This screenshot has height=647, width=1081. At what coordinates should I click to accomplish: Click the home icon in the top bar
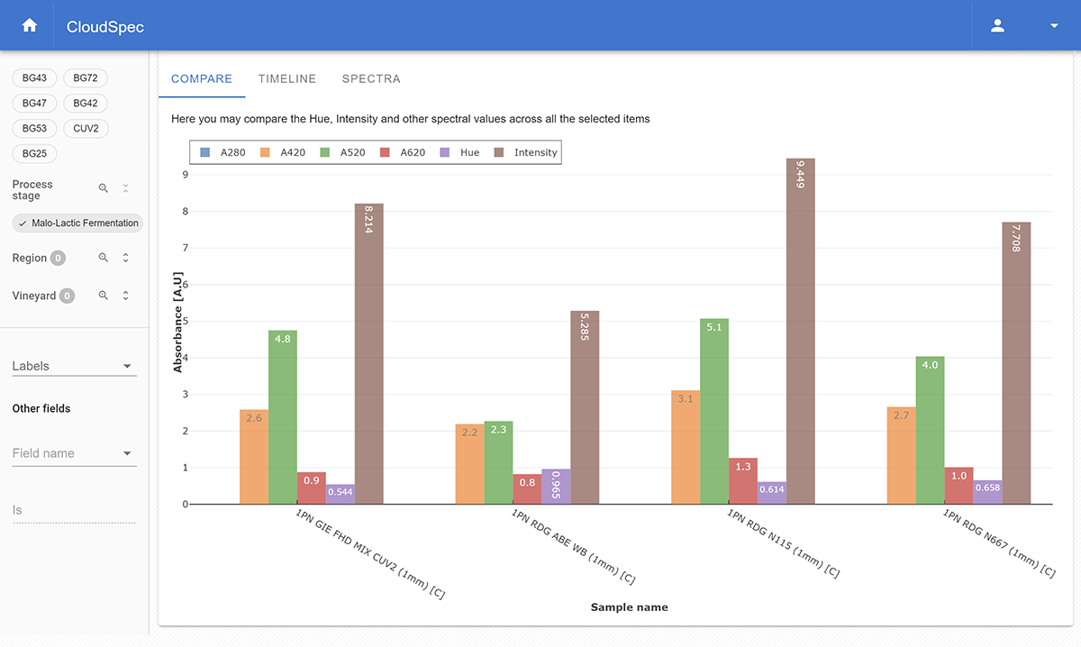[30, 26]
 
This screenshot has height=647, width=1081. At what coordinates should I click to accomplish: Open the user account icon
[997, 26]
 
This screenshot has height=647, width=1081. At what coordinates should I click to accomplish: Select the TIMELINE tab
[287, 78]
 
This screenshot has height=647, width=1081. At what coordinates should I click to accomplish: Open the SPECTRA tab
[371, 78]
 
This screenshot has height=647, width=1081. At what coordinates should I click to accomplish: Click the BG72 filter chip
[86, 78]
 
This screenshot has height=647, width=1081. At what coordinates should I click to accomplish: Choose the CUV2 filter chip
[86, 129]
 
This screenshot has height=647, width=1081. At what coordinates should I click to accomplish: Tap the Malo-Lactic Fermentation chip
[78, 223]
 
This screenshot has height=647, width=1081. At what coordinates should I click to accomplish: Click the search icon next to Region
[104, 258]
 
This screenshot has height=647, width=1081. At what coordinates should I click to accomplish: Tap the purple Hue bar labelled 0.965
[556, 487]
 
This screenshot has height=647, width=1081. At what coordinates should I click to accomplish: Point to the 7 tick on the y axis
[185, 248]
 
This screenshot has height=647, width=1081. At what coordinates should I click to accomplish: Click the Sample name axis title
[629, 607]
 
